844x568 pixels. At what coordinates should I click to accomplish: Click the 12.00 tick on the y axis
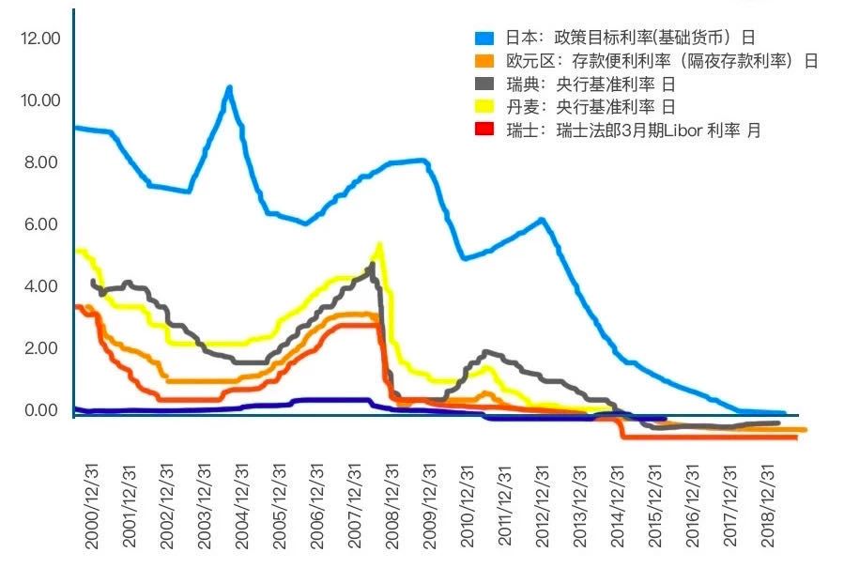coord(38,38)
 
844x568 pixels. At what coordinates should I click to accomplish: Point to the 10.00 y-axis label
coord(38,100)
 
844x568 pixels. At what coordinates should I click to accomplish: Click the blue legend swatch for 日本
coord(484,38)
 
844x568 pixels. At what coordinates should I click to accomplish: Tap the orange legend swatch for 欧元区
coord(484,61)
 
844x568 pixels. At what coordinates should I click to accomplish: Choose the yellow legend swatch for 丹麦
coord(484,107)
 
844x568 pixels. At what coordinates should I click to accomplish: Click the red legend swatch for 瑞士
coord(484,130)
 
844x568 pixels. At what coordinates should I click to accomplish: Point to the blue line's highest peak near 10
coord(228,88)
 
